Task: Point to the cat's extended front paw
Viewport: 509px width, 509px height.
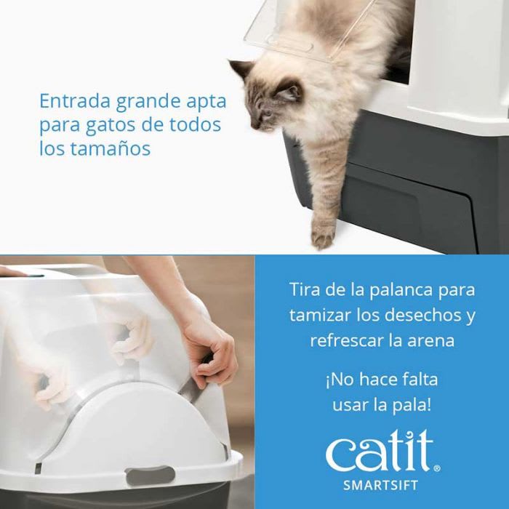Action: pyautogui.click(x=324, y=233)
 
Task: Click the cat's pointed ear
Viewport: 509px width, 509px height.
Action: pyautogui.click(x=241, y=70)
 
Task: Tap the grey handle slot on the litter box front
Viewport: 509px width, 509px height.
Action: pyautogui.click(x=151, y=476)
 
